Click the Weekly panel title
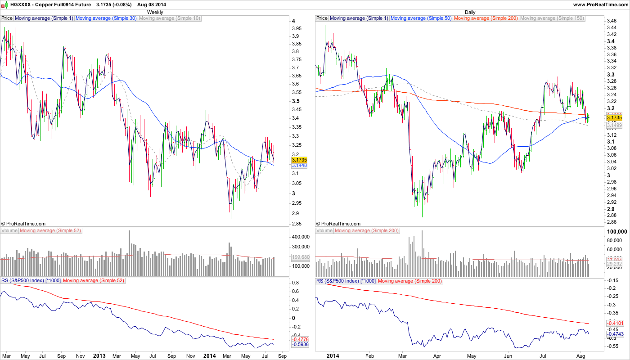coord(155,12)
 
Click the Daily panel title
coord(470,12)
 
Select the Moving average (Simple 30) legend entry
coord(106,18)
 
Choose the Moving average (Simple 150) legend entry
coord(552,18)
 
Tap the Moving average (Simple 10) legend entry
coord(170,18)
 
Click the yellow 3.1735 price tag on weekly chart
coord(299,160)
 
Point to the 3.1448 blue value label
coord(299,166)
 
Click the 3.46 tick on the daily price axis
coord(612,21)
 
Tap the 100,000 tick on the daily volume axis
coord(616,231)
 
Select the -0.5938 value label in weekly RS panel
coord(300,344)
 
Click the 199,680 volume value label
coord(301,257)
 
